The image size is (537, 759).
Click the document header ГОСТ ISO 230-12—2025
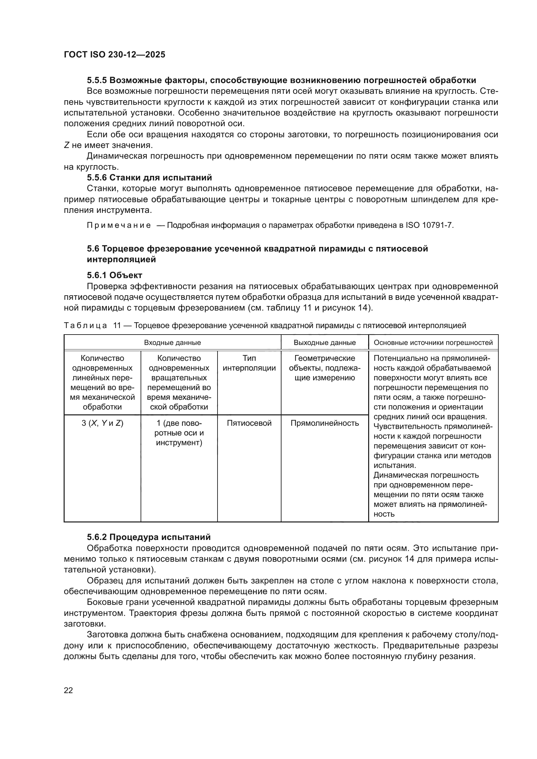114,55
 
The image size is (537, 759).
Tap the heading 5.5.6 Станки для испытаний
149,178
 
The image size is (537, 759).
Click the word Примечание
119,226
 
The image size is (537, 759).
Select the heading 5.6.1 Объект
114,275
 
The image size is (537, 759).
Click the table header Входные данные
172,342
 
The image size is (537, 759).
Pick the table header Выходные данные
324,342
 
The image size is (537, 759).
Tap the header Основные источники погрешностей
433,342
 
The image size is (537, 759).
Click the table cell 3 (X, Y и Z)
103,423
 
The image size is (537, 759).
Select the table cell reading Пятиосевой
249,423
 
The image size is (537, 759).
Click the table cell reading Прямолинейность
324,423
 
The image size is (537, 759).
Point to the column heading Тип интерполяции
249,363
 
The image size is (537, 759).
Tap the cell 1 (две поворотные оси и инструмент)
179,433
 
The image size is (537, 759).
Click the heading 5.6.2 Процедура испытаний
148,537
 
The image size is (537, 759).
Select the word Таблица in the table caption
85,325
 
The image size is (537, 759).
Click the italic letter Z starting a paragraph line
67,145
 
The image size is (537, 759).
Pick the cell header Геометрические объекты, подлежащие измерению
324,368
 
